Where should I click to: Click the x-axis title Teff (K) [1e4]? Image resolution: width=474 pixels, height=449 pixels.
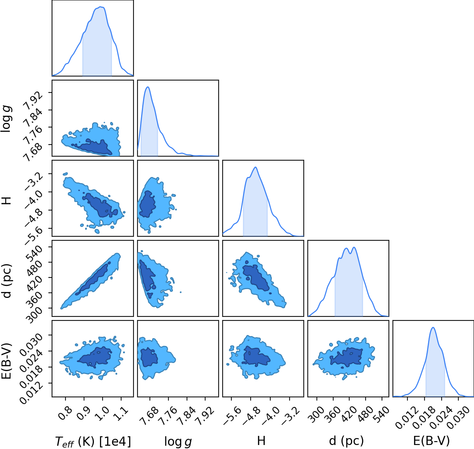(x=93, y=441)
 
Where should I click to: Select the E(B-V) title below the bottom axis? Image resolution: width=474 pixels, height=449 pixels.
(x=431, y=441)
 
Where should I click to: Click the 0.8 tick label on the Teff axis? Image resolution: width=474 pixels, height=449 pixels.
(x=65, y=414)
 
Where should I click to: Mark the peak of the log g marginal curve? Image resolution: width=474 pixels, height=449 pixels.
(x=148, y=87)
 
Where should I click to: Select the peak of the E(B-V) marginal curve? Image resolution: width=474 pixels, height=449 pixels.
(x=433, y=328)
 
